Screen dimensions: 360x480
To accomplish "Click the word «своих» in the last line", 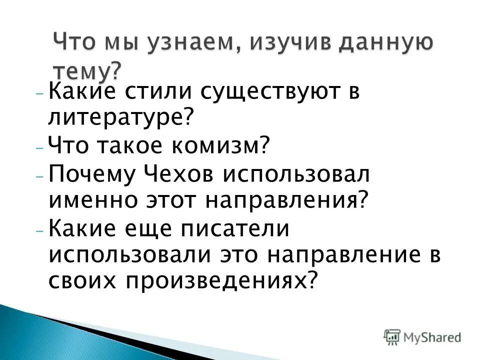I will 82,280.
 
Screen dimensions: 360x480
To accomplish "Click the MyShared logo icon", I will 392,336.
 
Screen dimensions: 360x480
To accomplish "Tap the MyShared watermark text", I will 432,337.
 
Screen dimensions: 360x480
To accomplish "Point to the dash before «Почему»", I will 40,176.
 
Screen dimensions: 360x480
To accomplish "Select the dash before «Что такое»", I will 40,149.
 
